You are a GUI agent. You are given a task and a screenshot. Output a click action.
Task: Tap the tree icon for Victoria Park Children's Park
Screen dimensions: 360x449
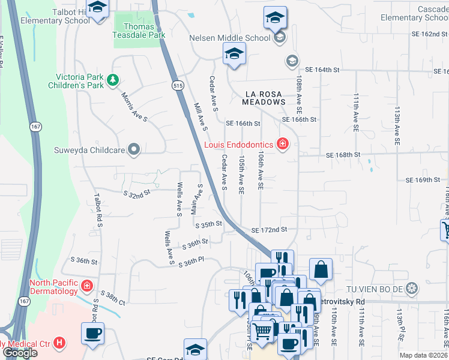coord(112,80)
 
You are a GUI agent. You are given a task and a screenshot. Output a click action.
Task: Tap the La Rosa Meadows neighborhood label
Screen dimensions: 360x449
coord(264,98)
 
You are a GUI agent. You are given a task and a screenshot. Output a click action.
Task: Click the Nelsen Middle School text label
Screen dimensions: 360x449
coord(230,38)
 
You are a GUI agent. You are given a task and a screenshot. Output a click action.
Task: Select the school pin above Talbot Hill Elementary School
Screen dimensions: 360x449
coord(97,7)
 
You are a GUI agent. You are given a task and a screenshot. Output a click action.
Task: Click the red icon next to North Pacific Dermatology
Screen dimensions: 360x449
coord(87,286)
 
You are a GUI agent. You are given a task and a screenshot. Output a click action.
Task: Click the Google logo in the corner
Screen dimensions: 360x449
coord(20,353)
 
